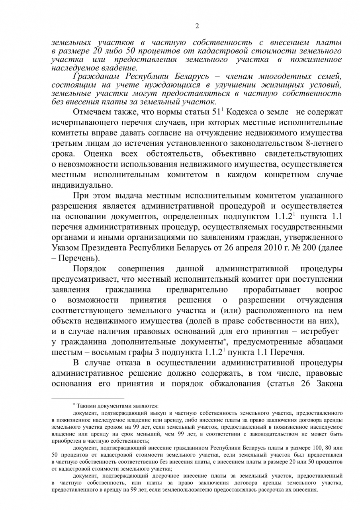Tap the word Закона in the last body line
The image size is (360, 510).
pyautogui.click(x=329, y=383)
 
